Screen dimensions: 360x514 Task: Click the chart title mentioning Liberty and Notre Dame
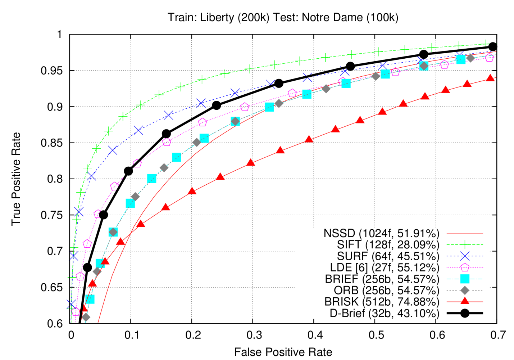pos(283,17)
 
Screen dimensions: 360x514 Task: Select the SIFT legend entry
pos(388,245)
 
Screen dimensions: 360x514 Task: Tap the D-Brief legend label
pos(385,313)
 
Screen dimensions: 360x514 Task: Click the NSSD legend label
pos(381,233)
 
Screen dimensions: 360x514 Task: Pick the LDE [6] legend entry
pos(385,267)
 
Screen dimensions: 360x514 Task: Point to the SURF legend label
pos(388,256)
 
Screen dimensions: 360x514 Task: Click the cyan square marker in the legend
pos(465,279)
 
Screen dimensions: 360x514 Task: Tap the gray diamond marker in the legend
pos(465,290)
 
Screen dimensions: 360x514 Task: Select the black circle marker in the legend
pos(465,313)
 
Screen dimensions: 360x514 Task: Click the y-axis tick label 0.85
pos(52,143)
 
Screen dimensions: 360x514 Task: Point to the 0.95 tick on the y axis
pos(52,71)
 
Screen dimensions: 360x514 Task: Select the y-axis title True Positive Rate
pos(16,179)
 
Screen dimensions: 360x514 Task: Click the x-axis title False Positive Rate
pos(283,352)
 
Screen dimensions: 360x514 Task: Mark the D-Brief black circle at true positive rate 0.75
pos(104,215)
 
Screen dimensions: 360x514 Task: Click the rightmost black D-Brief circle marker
pos(493,47)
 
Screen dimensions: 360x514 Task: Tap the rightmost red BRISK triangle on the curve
pos(490,78)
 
